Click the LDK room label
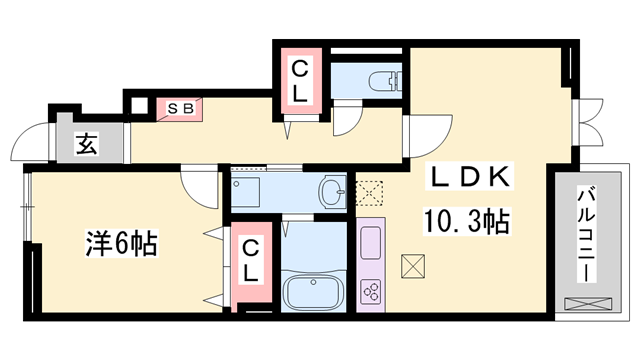469,177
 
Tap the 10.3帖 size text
467,221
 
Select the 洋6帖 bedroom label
121,244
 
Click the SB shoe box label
180,109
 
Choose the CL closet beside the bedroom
251,261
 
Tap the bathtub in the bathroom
313,292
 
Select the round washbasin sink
332,191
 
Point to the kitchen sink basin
371,243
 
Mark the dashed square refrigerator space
369,193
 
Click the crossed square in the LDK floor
413,267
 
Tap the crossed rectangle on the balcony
588,304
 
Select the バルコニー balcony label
587,234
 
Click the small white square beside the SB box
140,106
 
